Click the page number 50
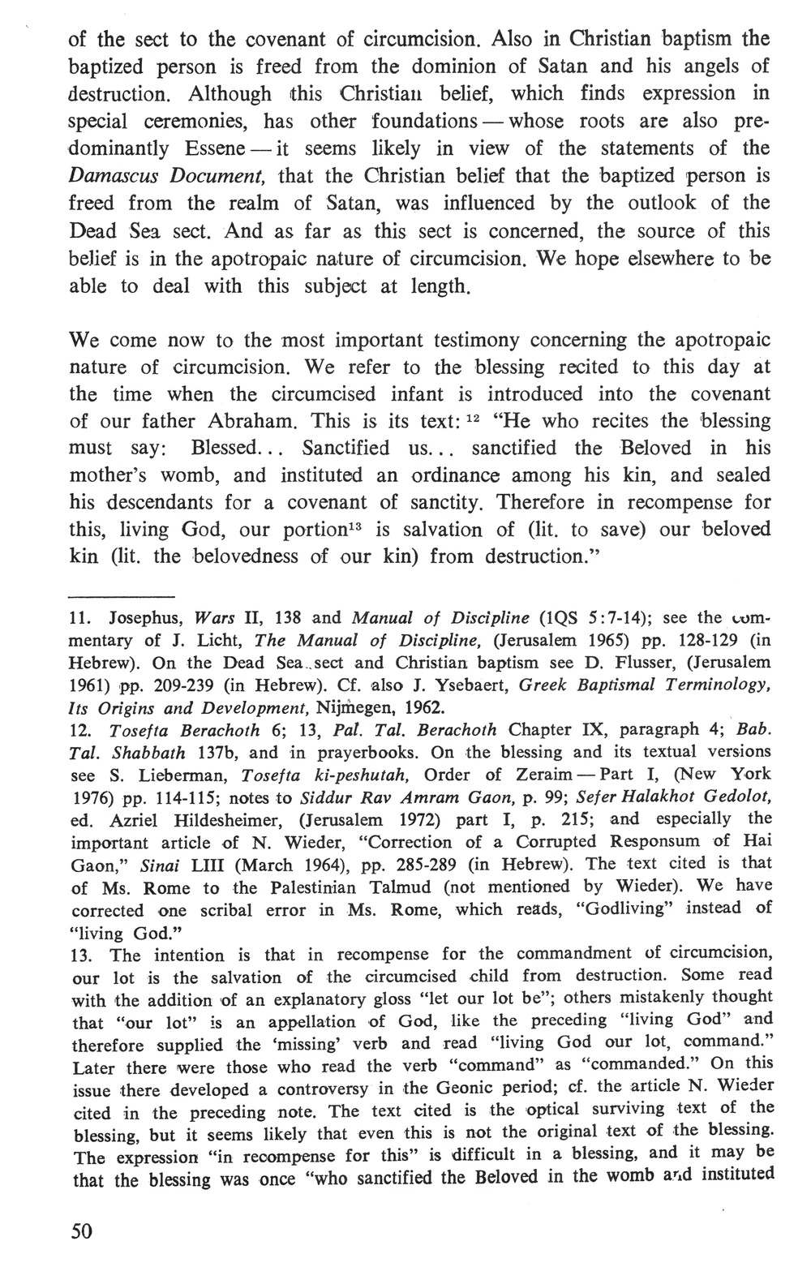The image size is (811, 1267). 83,1230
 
